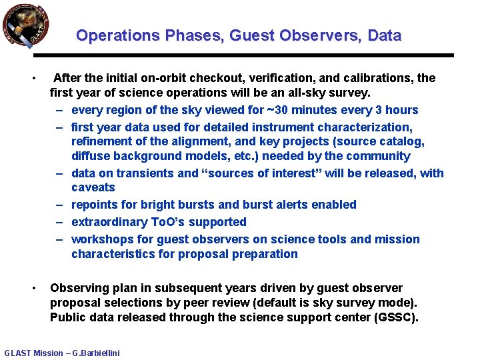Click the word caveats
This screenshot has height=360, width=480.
click(x=93, y=188)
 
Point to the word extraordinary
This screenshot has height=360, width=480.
click(x=110, y=222)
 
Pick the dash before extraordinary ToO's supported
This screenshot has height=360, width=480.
click(x=59, y=222)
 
